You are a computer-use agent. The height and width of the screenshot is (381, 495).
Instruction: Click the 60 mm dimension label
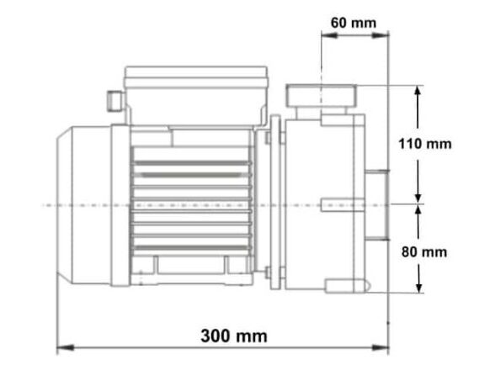point(354,22)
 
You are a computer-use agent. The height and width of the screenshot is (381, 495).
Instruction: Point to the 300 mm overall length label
point(233,336)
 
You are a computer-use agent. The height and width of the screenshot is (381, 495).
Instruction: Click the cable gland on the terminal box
point(111,99)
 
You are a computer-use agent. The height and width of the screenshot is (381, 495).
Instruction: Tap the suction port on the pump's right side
point(378,203)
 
